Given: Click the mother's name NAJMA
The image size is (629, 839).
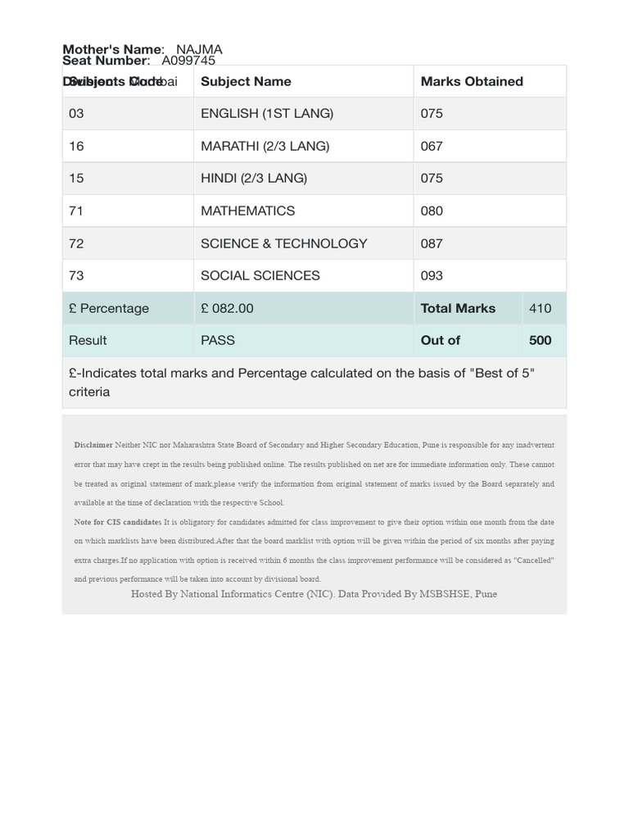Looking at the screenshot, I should pyautogui.click(x=199, y=49).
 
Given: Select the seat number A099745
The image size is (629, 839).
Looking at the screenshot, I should pyautogui.click(x=188, y=61).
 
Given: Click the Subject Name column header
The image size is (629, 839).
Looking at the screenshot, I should pyautogui.click(x=246, y=81).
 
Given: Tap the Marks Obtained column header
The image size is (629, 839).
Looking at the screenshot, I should pyautogui.click(x=472, y=81).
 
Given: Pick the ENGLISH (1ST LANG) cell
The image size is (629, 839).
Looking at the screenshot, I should pyautogui.click(x=267, y=113).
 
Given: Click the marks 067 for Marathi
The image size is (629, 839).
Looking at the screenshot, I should pyautogui.click(x=432, y=146).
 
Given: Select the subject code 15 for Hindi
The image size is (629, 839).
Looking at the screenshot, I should pyautogui.click(x=76, y=178).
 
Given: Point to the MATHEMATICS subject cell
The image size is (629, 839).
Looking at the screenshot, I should pyautogui.click(x=247, y=211).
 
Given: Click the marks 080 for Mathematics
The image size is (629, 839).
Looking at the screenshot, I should pyautogui.click(x=432, y=211).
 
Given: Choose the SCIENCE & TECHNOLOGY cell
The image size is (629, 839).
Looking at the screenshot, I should pyautogui.click(x=283, y=243).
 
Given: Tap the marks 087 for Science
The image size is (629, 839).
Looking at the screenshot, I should pyautogui.click(x=432, y=243).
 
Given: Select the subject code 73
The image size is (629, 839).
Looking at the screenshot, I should pyautogui.click(x=76, y=275).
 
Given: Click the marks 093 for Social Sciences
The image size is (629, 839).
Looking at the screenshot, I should pyautogui.click(x=432, y=275).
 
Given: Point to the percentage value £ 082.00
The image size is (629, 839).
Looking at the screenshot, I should pyautogui.click(x=227, y=308).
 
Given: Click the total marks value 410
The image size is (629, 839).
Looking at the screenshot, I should pyautogui.click(x=540, y=308).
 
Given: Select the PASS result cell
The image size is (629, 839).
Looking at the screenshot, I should pyautogui.click(x=218, y=340).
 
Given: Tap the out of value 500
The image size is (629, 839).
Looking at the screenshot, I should pyautogui.click(x=540, y=340).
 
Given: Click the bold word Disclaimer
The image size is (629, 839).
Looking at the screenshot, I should pyautogui.click(x=93, y=445).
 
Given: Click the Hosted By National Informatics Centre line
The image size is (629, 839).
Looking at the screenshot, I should pyautogui.click(x=314, y=594).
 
